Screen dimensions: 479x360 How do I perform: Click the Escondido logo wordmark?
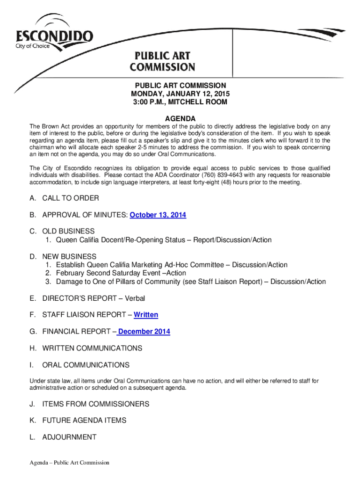click(x=55, y=36)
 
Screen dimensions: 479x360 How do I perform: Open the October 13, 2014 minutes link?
click(x=158, y=215)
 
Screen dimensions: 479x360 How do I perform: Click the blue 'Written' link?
click(x=146, y=315)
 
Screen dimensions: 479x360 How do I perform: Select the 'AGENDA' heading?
click(x=180, y=119)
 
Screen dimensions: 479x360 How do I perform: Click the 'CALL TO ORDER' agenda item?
click(x=71, y=198)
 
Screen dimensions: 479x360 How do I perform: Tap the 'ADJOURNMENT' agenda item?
click(x=69, y=437)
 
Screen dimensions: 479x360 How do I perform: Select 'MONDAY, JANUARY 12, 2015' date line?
click(x=180, y=94)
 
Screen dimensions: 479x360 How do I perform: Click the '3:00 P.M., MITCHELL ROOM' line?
click(x=180, y=102)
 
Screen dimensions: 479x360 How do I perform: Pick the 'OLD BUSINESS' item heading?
click(x=68, y=231)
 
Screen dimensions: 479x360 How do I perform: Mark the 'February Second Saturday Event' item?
click(x=121, y=273)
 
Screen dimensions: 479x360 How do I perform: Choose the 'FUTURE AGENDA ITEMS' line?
click(x=84, y=421)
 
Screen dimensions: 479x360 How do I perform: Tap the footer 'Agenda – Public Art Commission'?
click(x=69, y=463)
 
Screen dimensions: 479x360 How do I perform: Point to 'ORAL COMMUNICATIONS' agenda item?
click(x=86, y=365)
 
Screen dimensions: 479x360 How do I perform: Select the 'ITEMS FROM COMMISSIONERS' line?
click(x=96, y=404)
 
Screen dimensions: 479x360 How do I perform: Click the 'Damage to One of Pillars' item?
click(x=191, y=282)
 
